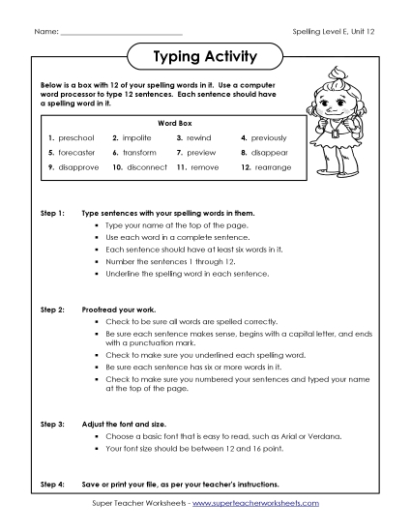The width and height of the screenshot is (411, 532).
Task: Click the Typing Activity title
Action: coord(205,57)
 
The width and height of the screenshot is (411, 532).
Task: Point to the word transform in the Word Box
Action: coord(141,153)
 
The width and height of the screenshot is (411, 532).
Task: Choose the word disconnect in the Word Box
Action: coord(143,167)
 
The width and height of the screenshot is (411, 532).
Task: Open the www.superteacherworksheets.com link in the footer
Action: coord(264,504)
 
